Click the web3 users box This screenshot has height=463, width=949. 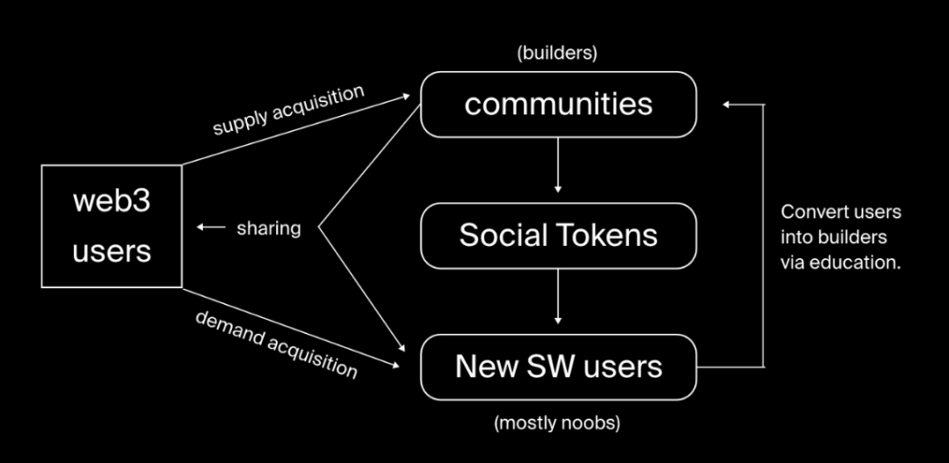click(x=112, y=227)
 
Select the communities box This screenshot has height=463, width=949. click(x=558, y=105)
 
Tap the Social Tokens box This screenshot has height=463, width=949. click(x=558, y=235)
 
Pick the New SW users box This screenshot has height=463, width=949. click(x=558, y=366)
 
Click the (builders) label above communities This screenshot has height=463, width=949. click(x=557, y=53)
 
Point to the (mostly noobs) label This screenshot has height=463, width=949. click(x=557, y=423)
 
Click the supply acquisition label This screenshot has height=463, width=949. click(x=288, y=110)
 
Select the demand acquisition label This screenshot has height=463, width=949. click(x=276, y=344)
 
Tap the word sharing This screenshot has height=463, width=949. click(x=269, y=228)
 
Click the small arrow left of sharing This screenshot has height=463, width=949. click(x=210, y=228)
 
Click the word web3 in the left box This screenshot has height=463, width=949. click(x=112, y=201)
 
